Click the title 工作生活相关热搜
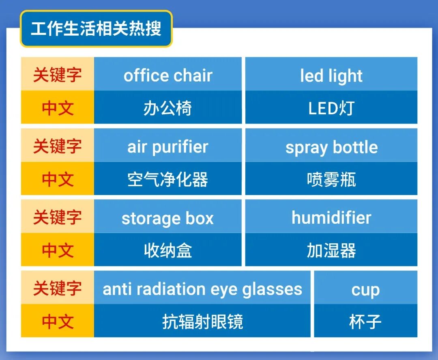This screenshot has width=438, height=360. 96,29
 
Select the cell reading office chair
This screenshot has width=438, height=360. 168,75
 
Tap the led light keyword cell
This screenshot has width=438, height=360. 331,75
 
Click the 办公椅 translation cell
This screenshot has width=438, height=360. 168,108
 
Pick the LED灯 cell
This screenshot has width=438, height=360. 331,108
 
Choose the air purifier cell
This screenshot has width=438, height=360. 168,147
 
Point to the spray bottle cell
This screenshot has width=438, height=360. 331,147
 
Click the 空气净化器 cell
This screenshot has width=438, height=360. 168,179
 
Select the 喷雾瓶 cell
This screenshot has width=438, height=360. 331,179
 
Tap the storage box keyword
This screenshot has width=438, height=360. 168,218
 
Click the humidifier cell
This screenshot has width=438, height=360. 331,218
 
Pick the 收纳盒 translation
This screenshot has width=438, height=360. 168,250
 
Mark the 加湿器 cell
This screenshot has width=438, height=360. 331,250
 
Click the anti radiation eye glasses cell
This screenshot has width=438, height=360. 202,289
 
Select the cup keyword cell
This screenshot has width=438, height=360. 365,289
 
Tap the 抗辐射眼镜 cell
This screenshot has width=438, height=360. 202,321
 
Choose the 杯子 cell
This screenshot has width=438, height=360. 365,321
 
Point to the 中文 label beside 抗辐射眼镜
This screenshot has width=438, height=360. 57,321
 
